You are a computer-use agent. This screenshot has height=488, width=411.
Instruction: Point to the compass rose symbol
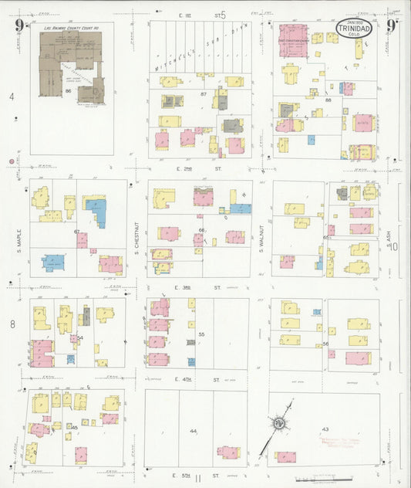pos(276,422)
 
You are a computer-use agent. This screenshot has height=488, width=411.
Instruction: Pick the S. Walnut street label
pos(261,232)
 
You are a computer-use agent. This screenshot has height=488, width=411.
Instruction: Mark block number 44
pos(193,430)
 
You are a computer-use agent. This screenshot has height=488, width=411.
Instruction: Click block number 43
pos(325,429)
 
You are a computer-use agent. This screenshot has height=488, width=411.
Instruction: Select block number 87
pos(204,94)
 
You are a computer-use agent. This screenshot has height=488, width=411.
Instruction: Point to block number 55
pos(202,334)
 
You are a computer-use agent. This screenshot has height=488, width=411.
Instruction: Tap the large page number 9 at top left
pos(18,28)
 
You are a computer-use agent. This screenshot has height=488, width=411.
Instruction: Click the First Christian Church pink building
pos(292,40)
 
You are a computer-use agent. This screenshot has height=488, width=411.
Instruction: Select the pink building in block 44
pos(228,452)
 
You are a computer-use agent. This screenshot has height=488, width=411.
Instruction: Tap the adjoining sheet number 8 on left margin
pos(12,324)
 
